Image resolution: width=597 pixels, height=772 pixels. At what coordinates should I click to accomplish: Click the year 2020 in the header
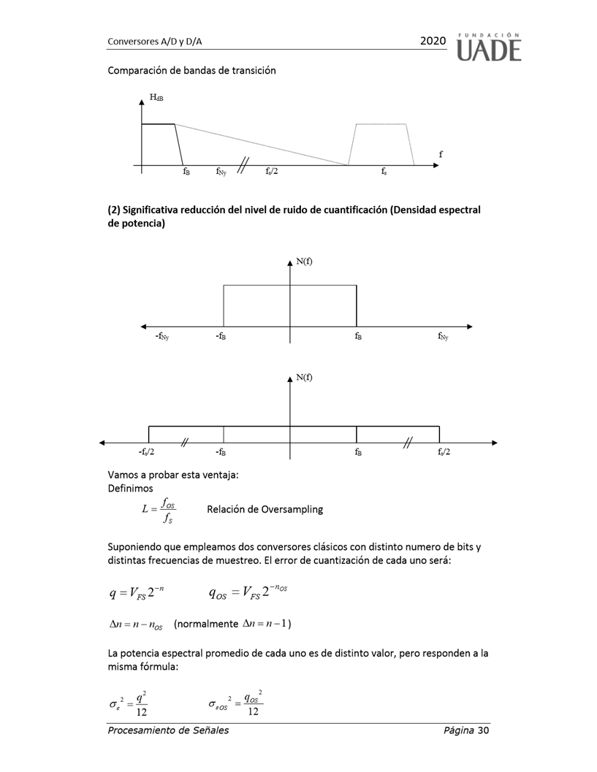(433, 42)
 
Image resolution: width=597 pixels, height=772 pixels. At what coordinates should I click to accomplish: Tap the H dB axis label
(156, 96)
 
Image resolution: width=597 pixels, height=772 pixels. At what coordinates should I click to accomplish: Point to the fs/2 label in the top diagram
(272, 172)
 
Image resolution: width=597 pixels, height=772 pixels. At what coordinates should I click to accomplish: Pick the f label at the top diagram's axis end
(441, 154)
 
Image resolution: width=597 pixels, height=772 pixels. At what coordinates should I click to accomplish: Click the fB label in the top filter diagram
(186, 172)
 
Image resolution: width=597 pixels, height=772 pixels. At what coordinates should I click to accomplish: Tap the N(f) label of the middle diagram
(305, 261)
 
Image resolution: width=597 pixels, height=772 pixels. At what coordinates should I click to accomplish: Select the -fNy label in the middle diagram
(161, 337)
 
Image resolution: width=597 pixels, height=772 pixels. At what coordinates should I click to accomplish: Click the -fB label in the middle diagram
(221, 337)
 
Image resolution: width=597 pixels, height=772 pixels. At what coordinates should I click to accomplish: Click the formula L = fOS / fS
(160, 511)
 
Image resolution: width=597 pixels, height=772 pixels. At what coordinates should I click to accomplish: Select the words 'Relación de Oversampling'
(265, 509)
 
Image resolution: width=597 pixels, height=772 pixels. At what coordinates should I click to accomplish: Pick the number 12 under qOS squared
(253, 712)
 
